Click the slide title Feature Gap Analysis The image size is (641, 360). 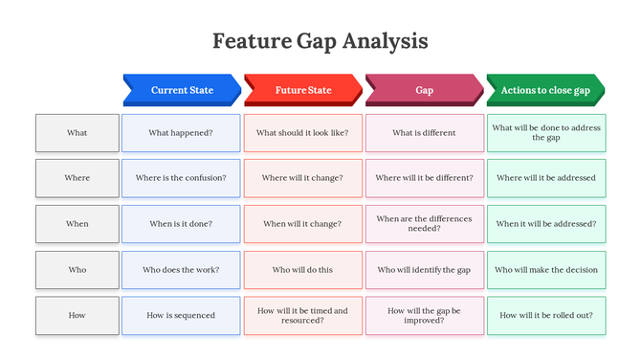320,41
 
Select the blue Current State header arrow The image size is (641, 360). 182,90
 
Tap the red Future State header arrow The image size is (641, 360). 303,90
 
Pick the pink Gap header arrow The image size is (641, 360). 424,90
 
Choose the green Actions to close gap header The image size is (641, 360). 545,90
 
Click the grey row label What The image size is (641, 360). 77,133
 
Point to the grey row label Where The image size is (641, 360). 77,178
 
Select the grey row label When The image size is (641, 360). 77,224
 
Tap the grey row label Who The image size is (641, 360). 77,270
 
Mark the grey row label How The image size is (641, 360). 77,315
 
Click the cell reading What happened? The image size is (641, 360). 181,133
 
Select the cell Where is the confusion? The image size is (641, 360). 181,178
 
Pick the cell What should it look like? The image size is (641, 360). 302,133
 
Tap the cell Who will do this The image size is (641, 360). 302,270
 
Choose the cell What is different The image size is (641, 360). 424,133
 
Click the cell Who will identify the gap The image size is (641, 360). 424,270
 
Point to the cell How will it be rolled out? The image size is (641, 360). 546,315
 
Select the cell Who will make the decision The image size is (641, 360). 546,270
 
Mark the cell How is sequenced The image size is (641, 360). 181,315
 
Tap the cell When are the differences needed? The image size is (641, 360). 424,224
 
